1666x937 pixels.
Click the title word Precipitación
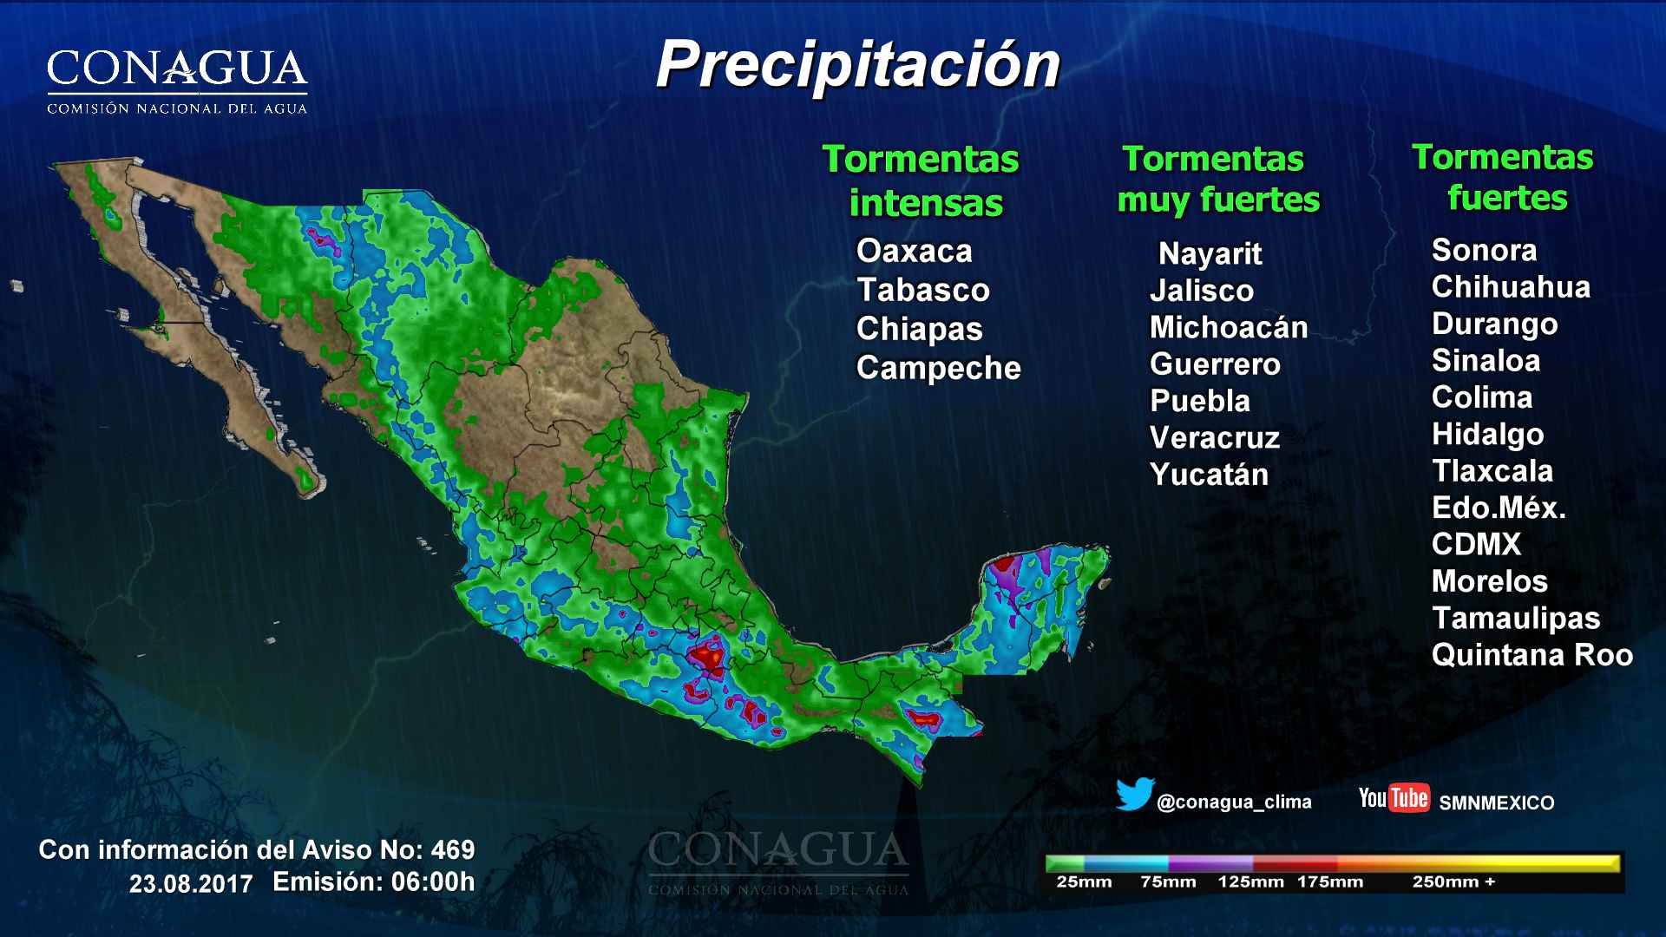857,65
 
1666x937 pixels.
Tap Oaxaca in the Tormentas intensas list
914,251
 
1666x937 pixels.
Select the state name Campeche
938,368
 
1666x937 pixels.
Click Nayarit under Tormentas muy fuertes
1210,253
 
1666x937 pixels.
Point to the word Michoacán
1228,327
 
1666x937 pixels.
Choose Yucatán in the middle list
1209,475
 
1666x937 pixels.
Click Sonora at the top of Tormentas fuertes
1484,250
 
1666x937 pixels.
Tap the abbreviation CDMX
1476,544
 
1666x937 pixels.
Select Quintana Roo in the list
1532,655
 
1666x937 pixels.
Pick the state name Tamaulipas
1515,618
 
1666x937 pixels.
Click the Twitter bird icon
1135,795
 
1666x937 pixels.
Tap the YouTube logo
1394,797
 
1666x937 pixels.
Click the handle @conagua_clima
1233,803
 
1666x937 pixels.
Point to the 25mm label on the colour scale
1084,882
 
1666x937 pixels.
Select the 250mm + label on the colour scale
1453,882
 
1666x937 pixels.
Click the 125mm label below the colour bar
1250,882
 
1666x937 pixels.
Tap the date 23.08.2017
191,884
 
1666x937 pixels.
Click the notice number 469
452,849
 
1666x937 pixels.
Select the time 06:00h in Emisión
433,882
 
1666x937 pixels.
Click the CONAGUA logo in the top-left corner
177,80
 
